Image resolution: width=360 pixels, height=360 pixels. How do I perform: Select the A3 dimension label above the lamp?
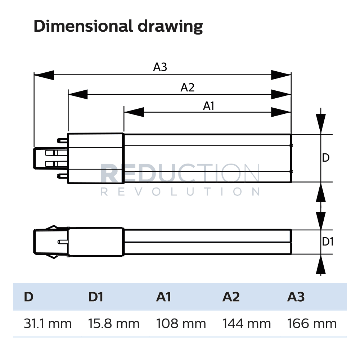pos(160,67)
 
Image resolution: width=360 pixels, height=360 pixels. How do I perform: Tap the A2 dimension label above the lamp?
pos(187,87)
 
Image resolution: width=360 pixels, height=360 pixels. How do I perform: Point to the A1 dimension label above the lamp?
pos(209,106)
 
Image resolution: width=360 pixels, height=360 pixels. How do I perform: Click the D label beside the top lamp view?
pos(326,158)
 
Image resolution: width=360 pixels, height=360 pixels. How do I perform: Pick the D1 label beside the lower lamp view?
pos(328,242)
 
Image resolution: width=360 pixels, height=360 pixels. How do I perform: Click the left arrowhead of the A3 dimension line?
pos(43,75)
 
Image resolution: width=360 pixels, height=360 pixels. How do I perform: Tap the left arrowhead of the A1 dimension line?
pos(133,112)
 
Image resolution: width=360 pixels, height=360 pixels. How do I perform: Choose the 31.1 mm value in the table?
pos(48,323)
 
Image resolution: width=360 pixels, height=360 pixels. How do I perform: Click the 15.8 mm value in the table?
pos(114,323)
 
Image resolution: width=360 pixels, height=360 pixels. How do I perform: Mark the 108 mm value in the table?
pos(181,323)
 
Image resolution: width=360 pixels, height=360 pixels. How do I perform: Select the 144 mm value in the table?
pos(247,323)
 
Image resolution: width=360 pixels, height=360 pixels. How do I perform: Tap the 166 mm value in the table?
pos(312,323)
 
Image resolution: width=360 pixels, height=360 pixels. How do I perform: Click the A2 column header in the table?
pos(231,297)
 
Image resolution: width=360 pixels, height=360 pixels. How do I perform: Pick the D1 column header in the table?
pos(96,297)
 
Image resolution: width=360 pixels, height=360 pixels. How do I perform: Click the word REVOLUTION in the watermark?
pos(180,192)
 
